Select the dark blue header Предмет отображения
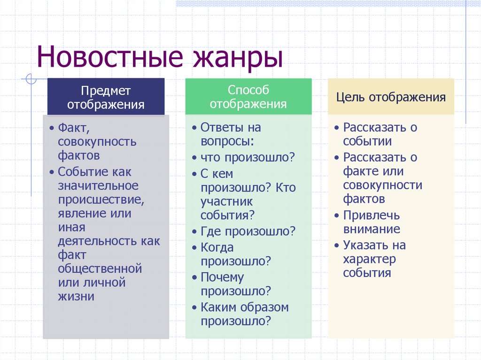click(106, 97)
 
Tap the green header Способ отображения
click(248, 97)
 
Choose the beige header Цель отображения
click(391, 97)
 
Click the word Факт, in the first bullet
click(74, 128)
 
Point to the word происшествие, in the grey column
click(101, 200)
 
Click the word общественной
click(100, 269)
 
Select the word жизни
click(76, 297)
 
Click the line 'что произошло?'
click(248, 158)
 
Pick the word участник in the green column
click(226, 202)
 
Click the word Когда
click(217, 247)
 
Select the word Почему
click(222, 277)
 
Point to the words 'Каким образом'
click(244, 307)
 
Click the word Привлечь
click(372, 215)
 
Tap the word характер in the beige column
click(369, 260)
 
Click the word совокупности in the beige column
click(382, 185)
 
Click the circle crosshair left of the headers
click(31, 79)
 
